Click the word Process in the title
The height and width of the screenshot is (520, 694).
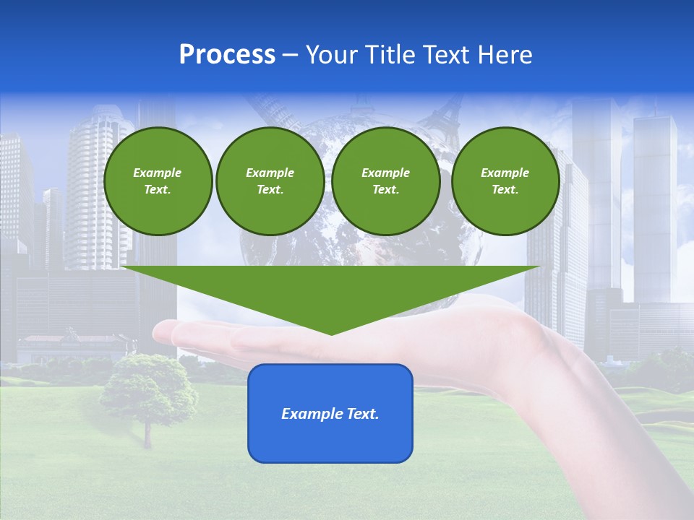(227, 55)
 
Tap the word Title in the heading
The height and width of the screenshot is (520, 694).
(388, 55)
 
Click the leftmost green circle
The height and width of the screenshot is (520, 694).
(158, 181)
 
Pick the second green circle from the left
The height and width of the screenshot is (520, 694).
(270, 181)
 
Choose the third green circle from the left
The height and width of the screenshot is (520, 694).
(385, 181)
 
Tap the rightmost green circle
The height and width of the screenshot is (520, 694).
(505, 181)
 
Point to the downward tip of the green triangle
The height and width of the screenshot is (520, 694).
(331, 332)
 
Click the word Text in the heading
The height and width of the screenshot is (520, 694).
(449, 55)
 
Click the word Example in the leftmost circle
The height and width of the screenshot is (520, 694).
(158, 173)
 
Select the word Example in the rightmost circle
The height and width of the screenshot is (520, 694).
(505, 173)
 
